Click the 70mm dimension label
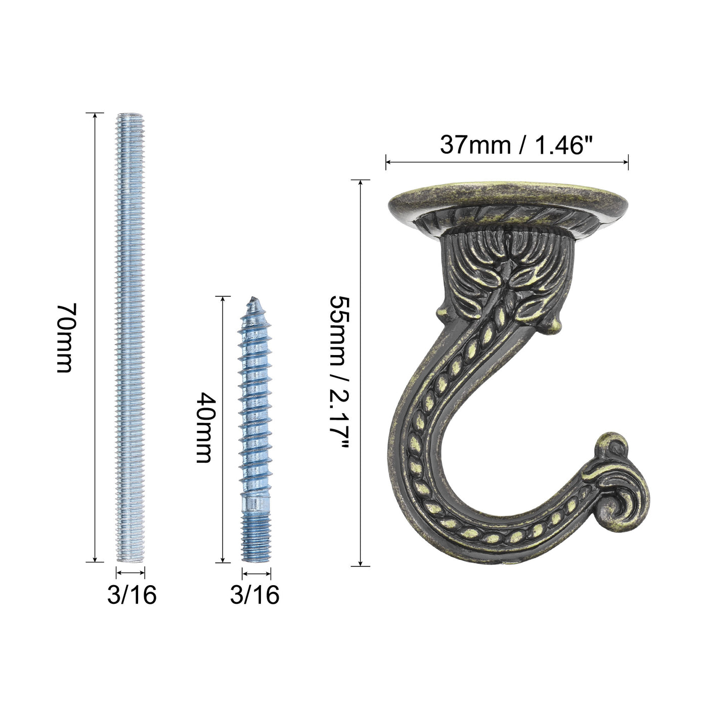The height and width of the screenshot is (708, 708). pos(66,338)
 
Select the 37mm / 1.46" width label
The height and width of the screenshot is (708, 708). pos(517,145)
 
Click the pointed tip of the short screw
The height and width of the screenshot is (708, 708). pos(253,297)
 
